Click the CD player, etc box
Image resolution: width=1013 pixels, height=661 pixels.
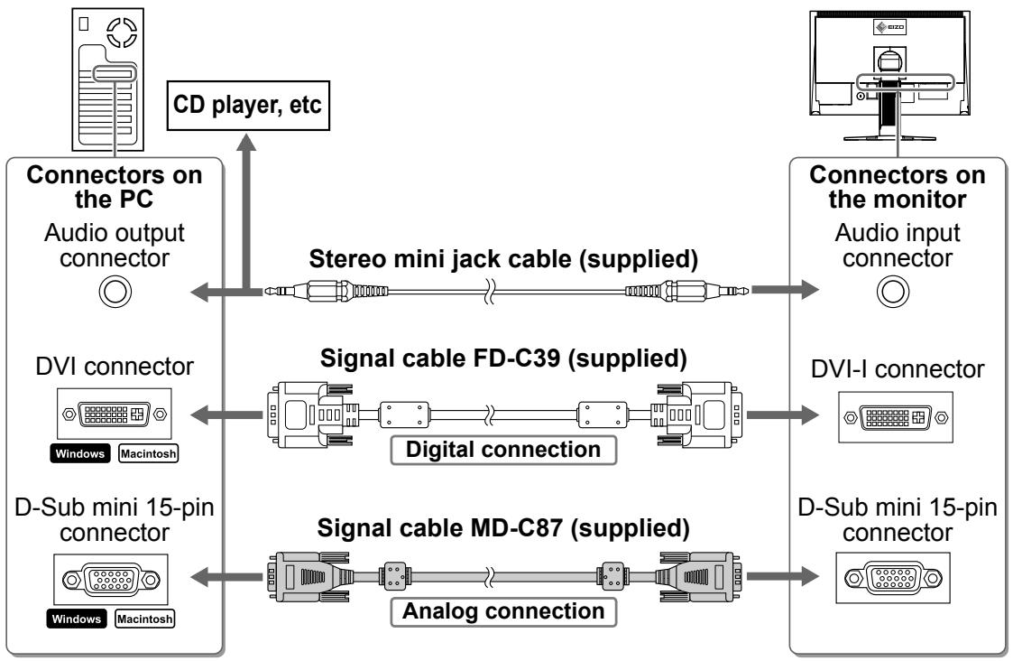pos(248,106)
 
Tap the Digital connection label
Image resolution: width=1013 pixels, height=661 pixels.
pos(503,450)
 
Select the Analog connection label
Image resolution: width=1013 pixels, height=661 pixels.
pos(503,611)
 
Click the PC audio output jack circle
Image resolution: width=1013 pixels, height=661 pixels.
pos(115,291)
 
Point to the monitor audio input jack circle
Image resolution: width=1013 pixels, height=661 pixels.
pos(893,291)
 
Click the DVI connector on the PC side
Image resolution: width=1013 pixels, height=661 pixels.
pos(115,414)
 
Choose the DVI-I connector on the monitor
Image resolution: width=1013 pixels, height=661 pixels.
pos(896,417)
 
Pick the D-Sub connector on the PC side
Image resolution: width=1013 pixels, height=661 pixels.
pos(110,580)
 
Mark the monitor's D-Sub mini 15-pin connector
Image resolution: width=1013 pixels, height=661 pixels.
pos(893,578)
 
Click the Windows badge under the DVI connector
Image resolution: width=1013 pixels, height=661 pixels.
pos(80,453)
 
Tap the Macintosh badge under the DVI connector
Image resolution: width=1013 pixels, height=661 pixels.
pos(148,453)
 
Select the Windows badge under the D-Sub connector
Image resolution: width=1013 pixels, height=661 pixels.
pos(77,619)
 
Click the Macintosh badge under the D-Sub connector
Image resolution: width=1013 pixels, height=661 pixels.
pos(144,619)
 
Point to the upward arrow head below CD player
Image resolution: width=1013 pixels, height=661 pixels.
pos(245,143)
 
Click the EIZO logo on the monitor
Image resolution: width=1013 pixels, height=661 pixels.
pos(889,27)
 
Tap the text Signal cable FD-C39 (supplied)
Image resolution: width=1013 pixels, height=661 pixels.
pos(503,358)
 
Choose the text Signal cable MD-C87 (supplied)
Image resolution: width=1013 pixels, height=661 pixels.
pos(503,527)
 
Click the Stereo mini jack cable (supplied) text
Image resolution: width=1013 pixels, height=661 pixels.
pos(503,258)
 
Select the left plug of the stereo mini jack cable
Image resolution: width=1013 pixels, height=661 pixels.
pos(327,291)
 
